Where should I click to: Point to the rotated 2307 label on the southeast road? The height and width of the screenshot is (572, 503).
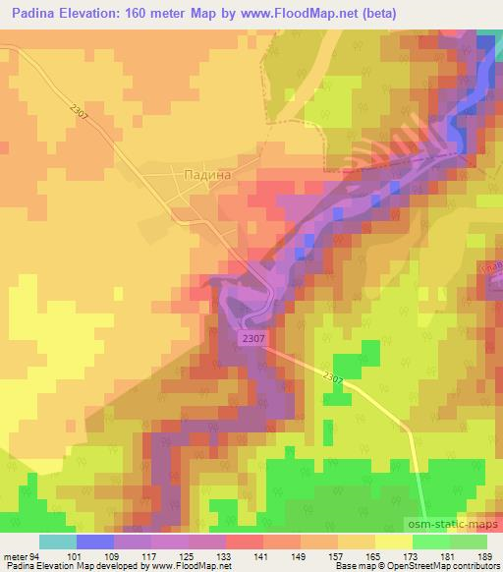tap(334, 376)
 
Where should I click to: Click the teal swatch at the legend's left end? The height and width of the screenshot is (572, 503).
tap(58, 542)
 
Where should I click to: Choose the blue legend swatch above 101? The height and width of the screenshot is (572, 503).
tap(95, 542)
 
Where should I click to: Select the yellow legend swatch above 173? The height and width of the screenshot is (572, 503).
tap(393, 542)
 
